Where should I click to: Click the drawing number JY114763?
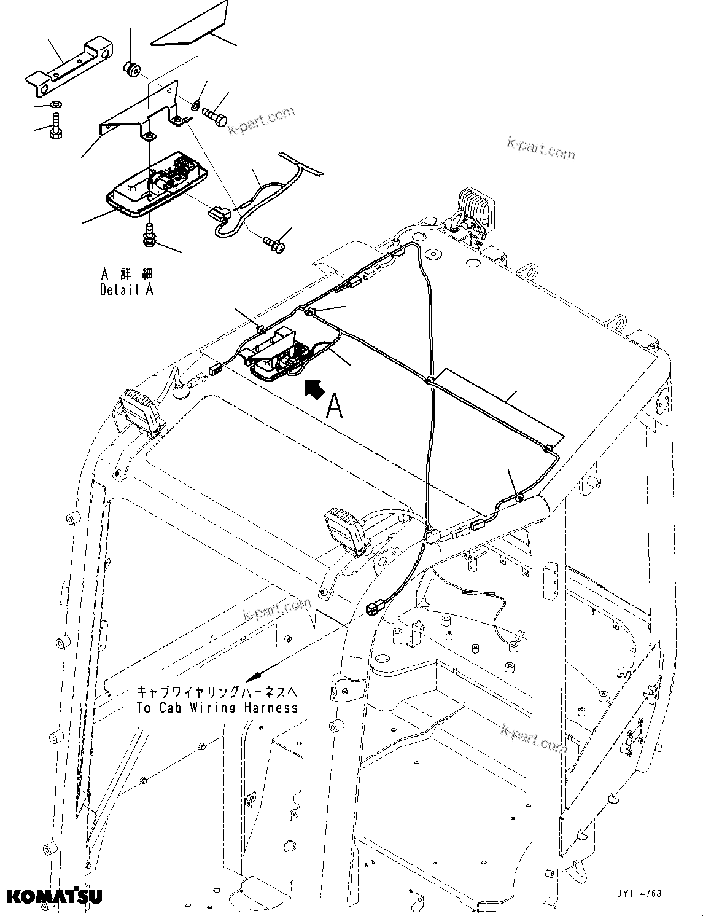coord(639,894)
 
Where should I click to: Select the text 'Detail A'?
coord(126,289)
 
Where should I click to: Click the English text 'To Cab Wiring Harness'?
coord(217,707)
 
